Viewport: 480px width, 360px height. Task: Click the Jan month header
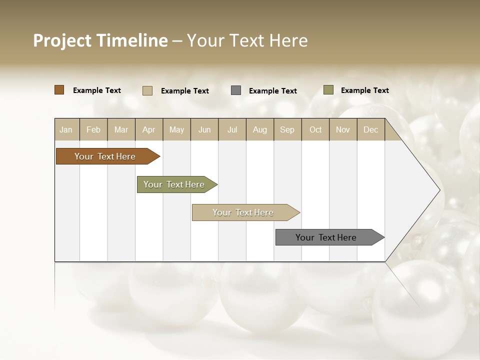pos(66,129)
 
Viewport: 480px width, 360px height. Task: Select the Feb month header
pos(93,129)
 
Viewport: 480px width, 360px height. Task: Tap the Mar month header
pos(121,129)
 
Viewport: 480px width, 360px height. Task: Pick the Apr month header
pos(149,129)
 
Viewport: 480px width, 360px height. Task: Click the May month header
pos(176,129)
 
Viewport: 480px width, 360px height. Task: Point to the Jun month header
pos(204,129)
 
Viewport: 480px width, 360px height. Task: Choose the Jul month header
pos(232,129)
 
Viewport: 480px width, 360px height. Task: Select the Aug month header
pos(260,129)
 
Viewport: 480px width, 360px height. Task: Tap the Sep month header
pos(287,129)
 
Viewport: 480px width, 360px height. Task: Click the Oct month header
pos(315,129)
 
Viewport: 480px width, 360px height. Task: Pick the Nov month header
pos(343,129)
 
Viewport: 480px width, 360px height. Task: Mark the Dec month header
pos(370,129)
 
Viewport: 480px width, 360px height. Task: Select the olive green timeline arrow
pos(175,184)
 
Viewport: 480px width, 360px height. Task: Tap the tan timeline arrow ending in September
pos(243,212)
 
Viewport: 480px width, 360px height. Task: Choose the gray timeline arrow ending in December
pos(327,237)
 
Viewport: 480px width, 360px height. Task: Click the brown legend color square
pos(59,90)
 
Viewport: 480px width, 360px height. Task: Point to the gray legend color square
pos(236,90)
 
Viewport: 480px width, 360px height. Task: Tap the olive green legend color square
pos(328,90)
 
